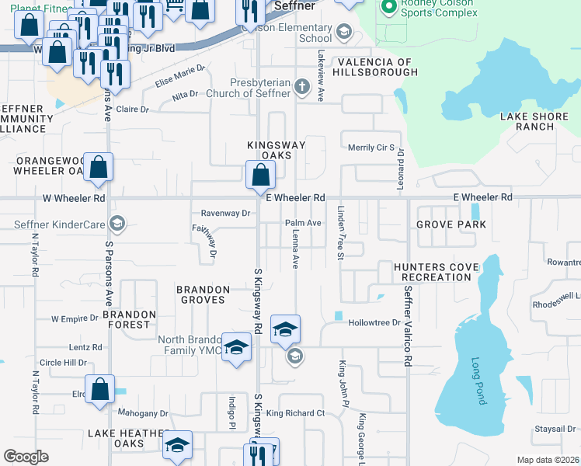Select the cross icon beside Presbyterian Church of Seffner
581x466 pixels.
tap(303, 87)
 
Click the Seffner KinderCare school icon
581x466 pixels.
tap(117, 224)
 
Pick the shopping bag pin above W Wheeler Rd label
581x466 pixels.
tap(99, 168)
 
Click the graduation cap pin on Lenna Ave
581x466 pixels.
tap(285, 329)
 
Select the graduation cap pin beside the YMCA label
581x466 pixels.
tap(236, 346)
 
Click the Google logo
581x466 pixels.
tap(26, 457)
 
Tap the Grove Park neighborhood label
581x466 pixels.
tap(451, 224)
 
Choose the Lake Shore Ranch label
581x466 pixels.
tap(527, 121)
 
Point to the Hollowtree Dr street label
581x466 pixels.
tap(374, 322)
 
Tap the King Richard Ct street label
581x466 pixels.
tap(295, 413)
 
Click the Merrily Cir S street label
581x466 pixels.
tap(371, 148)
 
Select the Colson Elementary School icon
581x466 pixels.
tap(343, 32)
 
